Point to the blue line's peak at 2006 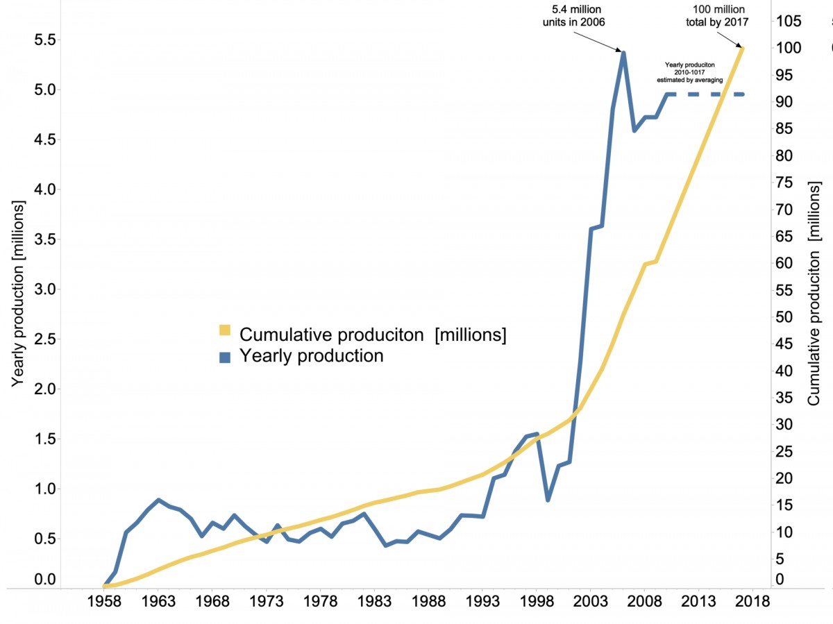623,52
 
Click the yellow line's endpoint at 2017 743,48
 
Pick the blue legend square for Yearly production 225,357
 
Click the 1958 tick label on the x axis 104,601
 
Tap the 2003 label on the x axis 591,601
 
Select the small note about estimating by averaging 690,72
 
